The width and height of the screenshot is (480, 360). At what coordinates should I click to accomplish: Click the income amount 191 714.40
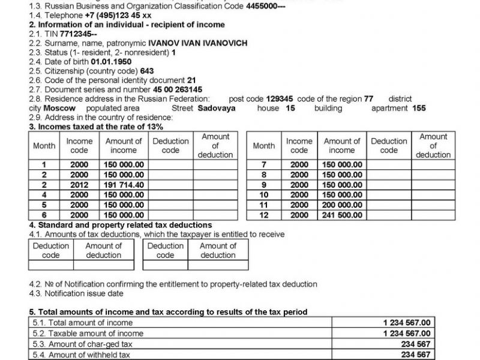click(x=124, y=185)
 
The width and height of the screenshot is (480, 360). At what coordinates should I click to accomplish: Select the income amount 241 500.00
click(x=343, y=214)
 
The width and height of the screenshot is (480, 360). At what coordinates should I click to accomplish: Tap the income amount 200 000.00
click(x=343, y=205)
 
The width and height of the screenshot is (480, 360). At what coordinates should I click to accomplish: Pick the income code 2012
click(x=79, y=185)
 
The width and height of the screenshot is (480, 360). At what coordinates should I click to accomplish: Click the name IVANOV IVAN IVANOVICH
click(x=197, y=43)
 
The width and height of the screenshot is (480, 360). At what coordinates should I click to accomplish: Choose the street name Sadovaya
click(x=217, y=108)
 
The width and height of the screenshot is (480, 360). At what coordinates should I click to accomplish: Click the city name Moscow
click(x=60, y=108)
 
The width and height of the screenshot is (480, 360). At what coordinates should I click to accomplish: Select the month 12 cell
click(x=263, y=214)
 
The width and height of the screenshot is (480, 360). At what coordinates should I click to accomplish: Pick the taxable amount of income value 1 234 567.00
click(x=407, y=333)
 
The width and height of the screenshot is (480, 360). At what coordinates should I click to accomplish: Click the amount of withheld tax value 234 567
click(x=416, y=355)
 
